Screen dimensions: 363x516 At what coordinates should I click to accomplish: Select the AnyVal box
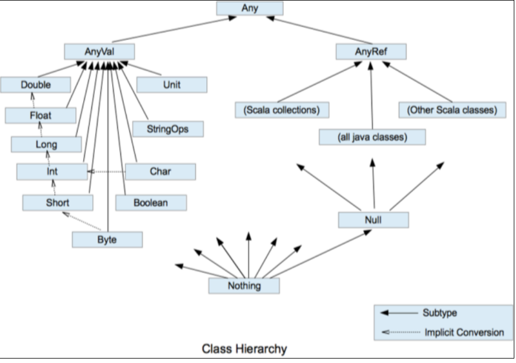[x=99, y=52]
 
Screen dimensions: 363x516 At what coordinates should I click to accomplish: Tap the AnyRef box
[x=371, y=52]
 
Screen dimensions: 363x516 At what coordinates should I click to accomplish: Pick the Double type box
[x=36, y=85]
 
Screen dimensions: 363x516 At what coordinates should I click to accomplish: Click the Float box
[x=40, y=115]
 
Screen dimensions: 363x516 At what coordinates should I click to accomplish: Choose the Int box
[x=52, y=172]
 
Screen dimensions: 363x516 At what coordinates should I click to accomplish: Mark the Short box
[x=57, y=202]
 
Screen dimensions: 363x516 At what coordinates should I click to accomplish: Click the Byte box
[x=107, y=240]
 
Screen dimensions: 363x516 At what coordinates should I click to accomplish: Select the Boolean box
[x=151, y=202]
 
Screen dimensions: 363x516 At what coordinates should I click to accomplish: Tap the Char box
[x=160, y=172]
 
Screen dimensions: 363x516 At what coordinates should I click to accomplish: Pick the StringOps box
[x=168, y=129]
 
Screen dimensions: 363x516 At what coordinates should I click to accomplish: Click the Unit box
[x=172, y=85]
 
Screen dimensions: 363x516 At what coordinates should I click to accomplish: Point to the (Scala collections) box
[x=281, y=110]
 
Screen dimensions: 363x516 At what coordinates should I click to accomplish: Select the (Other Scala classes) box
[x=452, y=110]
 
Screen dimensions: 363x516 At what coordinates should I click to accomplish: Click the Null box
[x=373, y=220]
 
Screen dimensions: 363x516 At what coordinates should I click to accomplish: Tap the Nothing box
[x=244, y=285]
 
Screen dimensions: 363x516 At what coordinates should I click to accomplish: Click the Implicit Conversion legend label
[x=464, y=332]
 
